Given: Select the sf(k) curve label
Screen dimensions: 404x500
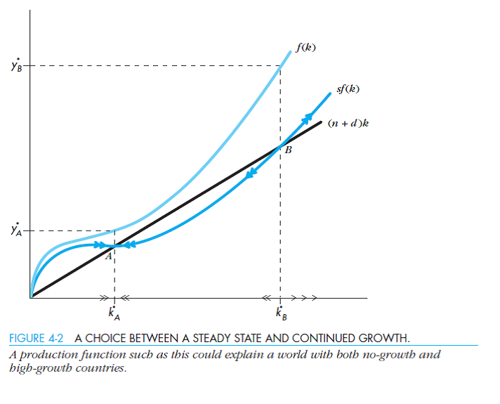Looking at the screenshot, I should (349, 90).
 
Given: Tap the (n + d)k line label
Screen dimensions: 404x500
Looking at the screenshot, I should (348, 123).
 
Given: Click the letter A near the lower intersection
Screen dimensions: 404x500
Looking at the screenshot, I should (108, 257).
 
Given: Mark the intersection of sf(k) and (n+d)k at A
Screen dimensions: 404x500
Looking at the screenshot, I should (114, 245).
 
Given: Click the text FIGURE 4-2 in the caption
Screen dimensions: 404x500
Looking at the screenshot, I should (37, 338).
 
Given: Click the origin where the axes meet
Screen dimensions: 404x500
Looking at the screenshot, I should (31, 298).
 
